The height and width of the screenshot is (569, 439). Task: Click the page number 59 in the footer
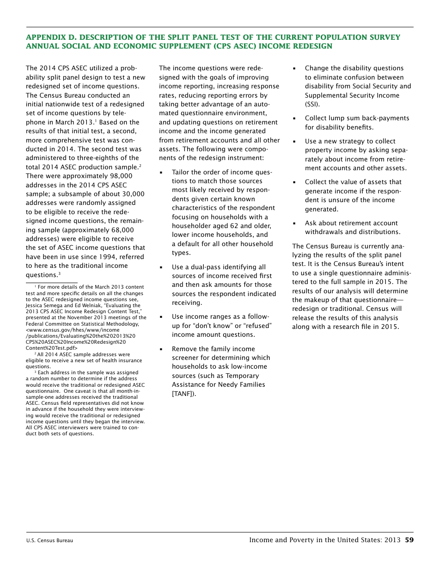pyautogui.click(x=409, y=540)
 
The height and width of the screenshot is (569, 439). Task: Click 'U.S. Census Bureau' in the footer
pyautogui.click(x=49, y=540)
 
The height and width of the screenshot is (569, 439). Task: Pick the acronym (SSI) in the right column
pyautogui.click(x=312, y=105)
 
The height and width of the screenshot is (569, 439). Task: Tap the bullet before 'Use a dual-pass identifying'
pyautogui.click(x=161, y=267)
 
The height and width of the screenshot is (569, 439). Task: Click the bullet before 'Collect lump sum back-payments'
pyautogui.click(x=294, y=118)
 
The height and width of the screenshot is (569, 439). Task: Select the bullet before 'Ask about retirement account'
pyautogui.click(x=294, y=223)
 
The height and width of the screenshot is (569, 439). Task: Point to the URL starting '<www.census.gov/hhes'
pyautogui.click(x=73, y=330)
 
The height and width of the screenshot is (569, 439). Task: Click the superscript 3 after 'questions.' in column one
pyautogui.click(x=59, y=273)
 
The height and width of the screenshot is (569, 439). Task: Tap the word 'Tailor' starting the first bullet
pyautogui.click(x=181, y=172)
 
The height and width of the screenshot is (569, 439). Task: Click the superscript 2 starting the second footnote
pyautogui.click(x=36, y=353)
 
